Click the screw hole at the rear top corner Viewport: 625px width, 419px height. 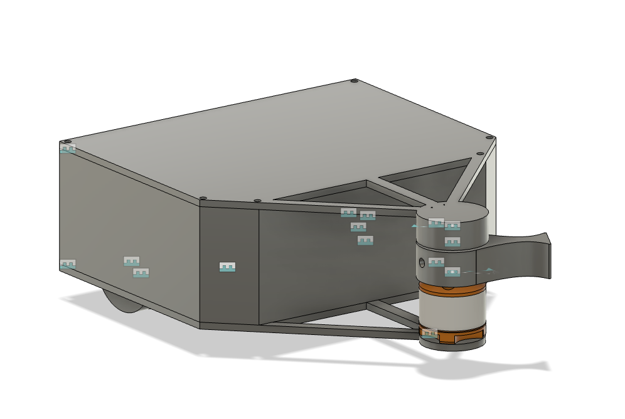click(354, 81)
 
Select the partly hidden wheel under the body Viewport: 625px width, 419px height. click(122, 302)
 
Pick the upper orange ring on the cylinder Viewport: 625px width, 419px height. click(452, 288)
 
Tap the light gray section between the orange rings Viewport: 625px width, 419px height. click(452, 310)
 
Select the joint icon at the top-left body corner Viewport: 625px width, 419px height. click(68, 149)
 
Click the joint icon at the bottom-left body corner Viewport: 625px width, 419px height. click(68, 264)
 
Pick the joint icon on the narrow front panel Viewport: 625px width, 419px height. click(227, 267)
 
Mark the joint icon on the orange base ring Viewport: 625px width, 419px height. click(429, 333)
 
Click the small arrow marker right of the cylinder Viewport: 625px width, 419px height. click(489, 270)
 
